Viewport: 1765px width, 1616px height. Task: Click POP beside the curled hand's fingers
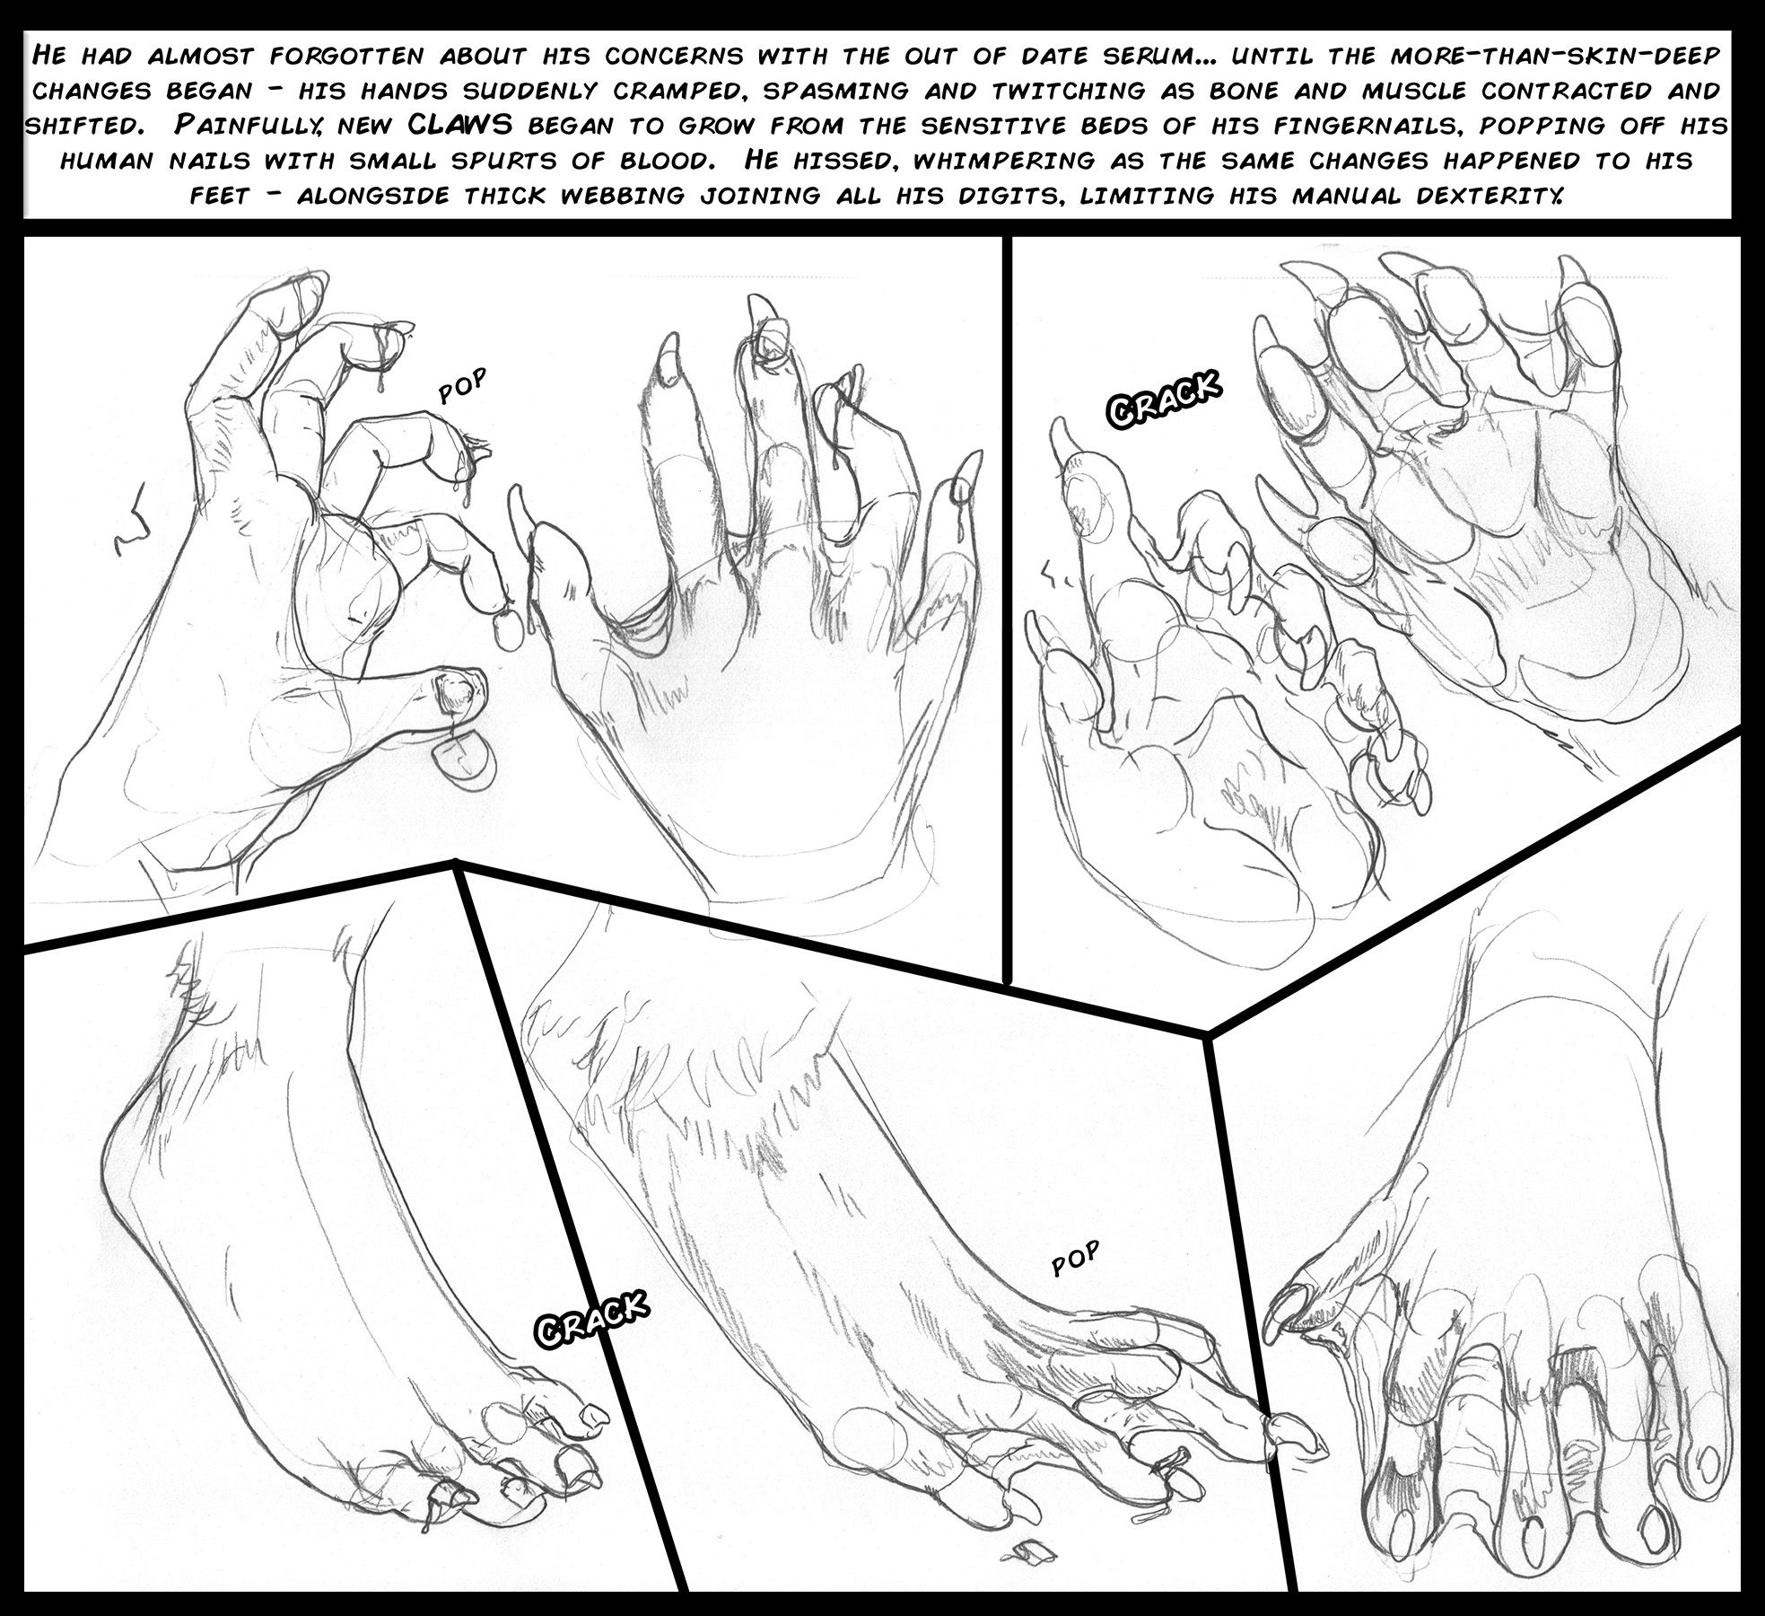pyautogui.click(x=462, y=387)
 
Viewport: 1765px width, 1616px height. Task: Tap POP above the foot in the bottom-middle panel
pyautogui.click(x=1075, y=1259)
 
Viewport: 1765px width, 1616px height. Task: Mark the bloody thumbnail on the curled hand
pyautogui.click(x=455, y=693)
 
